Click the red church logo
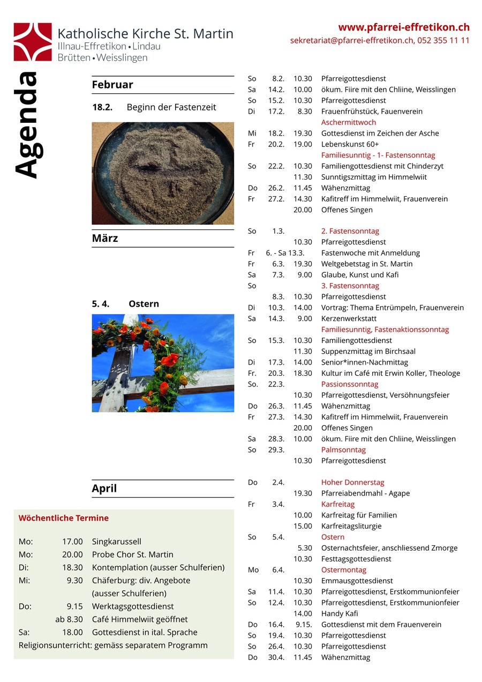(33, 41)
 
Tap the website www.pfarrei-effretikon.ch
(404, 27)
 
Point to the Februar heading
(112, 85)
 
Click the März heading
(105, 238)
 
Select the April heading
(104, 488)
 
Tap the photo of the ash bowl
(163, 173)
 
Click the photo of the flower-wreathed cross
(163, 363)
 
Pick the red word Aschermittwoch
(349, 122)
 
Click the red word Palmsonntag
(343, 450)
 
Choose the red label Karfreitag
(338, 505)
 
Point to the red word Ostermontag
(344, 570)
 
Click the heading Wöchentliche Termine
(63, 518)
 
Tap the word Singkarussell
(116, 542)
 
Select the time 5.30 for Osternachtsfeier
(304, 548)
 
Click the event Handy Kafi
(340, 613)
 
